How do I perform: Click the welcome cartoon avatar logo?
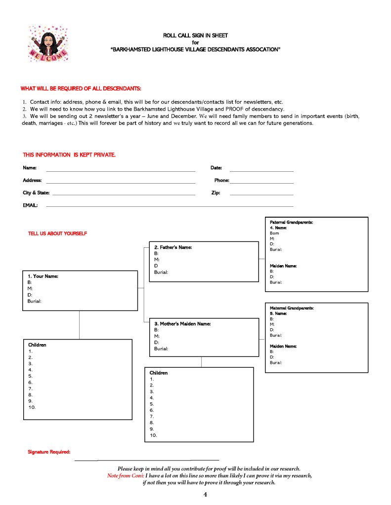(48, 44)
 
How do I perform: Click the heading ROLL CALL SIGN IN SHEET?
(195, 36)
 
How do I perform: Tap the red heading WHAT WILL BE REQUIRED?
(81, 88)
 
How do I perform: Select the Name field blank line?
(121, 171)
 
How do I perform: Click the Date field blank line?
(261, 171)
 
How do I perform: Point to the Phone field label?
(221, 181)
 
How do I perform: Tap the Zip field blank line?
(261, 195)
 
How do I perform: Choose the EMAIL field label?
(30, 205)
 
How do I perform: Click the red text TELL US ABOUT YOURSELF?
(57, 233)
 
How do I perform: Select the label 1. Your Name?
(43, 276)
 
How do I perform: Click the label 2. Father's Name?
(173, 247)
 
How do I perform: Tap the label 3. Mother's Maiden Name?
(182, 324)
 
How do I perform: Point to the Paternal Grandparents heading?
(291, 223)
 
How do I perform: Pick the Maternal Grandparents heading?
(292, 308)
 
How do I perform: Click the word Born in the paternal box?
(274, 233)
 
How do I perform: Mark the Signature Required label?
(49, 452)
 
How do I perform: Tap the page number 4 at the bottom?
(205, 495)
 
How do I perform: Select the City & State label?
(36, 193)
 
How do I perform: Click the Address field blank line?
(121, 183)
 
